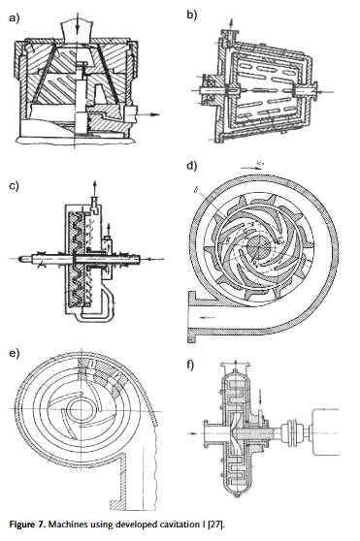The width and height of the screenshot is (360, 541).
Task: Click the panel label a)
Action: [x=15, y=18]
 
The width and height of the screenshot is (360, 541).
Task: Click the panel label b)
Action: [x=191, y=15]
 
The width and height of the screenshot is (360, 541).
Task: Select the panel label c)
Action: [x=14, y=186]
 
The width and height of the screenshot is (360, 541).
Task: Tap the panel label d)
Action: [x=191, y=166]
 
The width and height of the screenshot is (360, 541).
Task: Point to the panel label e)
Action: [x=15, y=353]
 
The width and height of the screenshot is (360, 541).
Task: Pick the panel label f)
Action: [x=190, y=365]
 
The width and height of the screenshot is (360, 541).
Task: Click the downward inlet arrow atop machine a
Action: [x=78, y=22]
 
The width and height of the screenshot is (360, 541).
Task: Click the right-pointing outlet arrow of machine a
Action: [x=148, y=115]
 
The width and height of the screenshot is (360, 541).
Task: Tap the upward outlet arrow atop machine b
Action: [x=231, y=25]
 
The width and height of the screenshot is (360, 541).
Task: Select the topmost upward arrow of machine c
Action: [x=94, y=188]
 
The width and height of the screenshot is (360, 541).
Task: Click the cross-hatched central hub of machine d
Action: [x=259, y=246]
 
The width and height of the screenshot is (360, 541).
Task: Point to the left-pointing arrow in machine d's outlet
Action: [x=208, y=317]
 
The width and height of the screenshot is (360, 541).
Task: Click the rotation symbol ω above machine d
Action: [x=260, y=163]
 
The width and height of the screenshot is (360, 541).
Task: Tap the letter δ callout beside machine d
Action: [x=196, y=191]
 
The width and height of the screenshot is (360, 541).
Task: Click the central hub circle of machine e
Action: [x=80, y=410]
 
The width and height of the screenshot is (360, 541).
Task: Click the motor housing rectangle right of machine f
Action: [x=326, y=431]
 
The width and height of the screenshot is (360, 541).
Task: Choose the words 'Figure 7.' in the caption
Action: [x=27, y=525]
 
